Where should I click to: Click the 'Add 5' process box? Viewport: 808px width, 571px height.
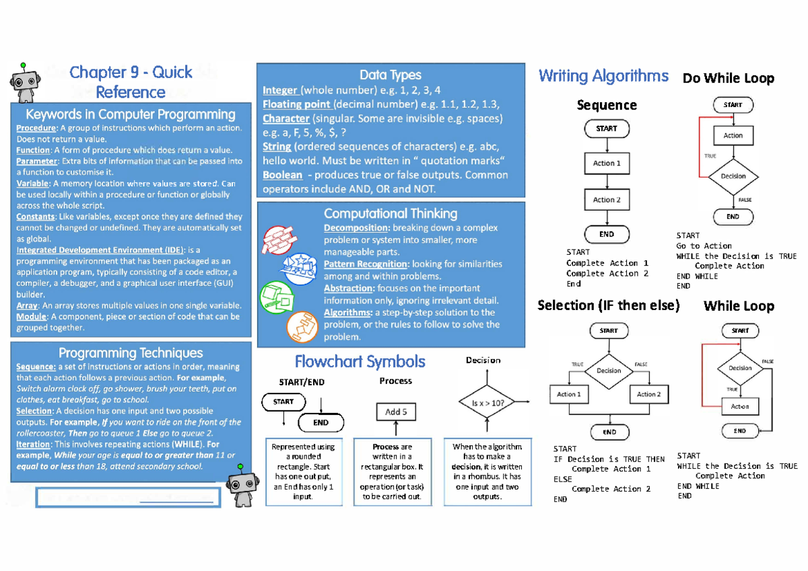pyautogui.click(x=396, y=412)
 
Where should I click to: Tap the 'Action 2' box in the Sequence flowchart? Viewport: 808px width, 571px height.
pyautogui.click(x=607, y=200)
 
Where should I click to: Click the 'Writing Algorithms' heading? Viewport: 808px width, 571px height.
pyautogui.click(x=603, y=76)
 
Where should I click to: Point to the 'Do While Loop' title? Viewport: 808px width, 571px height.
pyautogui.click(x=728, y=79)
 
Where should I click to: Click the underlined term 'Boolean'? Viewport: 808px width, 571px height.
pyautogui.click(x=282, y=175)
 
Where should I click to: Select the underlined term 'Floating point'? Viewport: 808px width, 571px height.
pyautogui.click(x=296, y=104)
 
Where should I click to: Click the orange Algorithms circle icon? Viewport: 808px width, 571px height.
pyautogui.click(x=301, y=328)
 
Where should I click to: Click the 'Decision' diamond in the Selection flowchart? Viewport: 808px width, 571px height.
pyautogui.click(x=609, y=371)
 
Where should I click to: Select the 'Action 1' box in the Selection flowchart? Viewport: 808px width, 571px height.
pyautogui.click(x=568, y=394)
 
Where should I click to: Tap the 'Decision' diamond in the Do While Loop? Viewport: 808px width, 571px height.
pyautogui.click(x=733, y=176)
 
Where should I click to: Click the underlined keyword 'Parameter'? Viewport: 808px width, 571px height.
pyautogui.click(x=37, y=161)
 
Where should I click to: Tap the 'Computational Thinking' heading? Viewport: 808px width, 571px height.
pyautogui.click(x=391, y=214)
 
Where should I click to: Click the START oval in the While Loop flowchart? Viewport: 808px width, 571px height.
pyautogui.click(x=740, y=330)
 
